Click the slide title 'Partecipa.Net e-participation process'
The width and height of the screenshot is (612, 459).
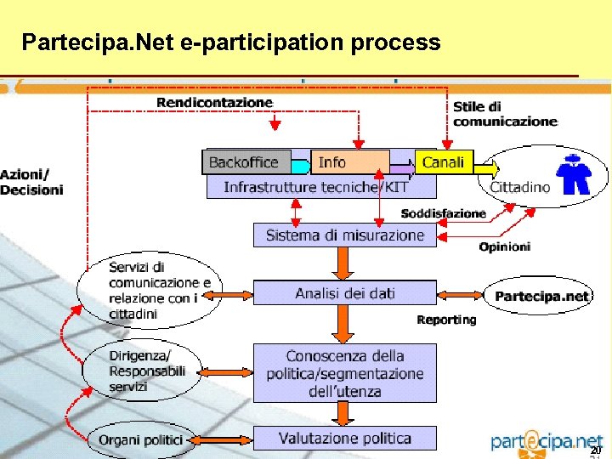click(x=231, y=42)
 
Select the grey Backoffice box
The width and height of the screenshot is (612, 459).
click(x=245, y=161)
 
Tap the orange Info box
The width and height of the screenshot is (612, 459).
click(x=349, y=161)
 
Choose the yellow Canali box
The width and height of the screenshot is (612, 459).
click(x=445, y=161)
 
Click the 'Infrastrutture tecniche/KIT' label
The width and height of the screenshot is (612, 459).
click(x=315, y=187)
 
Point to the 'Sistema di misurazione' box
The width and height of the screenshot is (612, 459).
click(x=344, y=235)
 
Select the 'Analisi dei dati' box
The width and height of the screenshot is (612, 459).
click(x=344, y=293)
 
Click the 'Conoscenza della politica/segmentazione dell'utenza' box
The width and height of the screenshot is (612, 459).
click(x=344, y=373)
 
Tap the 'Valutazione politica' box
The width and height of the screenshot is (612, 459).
click(x=344, y=439)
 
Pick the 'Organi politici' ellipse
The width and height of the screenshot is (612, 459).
click(x=140, y=439)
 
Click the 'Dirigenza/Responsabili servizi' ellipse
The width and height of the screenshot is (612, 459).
click(x=140, y=371)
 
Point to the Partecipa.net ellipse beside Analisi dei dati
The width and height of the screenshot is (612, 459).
click(x=541, y=297)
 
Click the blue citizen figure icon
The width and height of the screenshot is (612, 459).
click(x=575, y=174)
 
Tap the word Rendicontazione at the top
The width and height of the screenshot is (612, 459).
click(x=214, y=102)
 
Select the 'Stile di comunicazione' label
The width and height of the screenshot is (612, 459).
click(x=504, y=114)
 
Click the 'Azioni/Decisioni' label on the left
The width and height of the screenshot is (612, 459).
click(x=31, y=182)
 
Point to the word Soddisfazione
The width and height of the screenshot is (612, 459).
click(x=443, y=213)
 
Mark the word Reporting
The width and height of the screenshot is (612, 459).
click(x=446, y=320)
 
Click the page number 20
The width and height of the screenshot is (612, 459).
click(x=596, y=450)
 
